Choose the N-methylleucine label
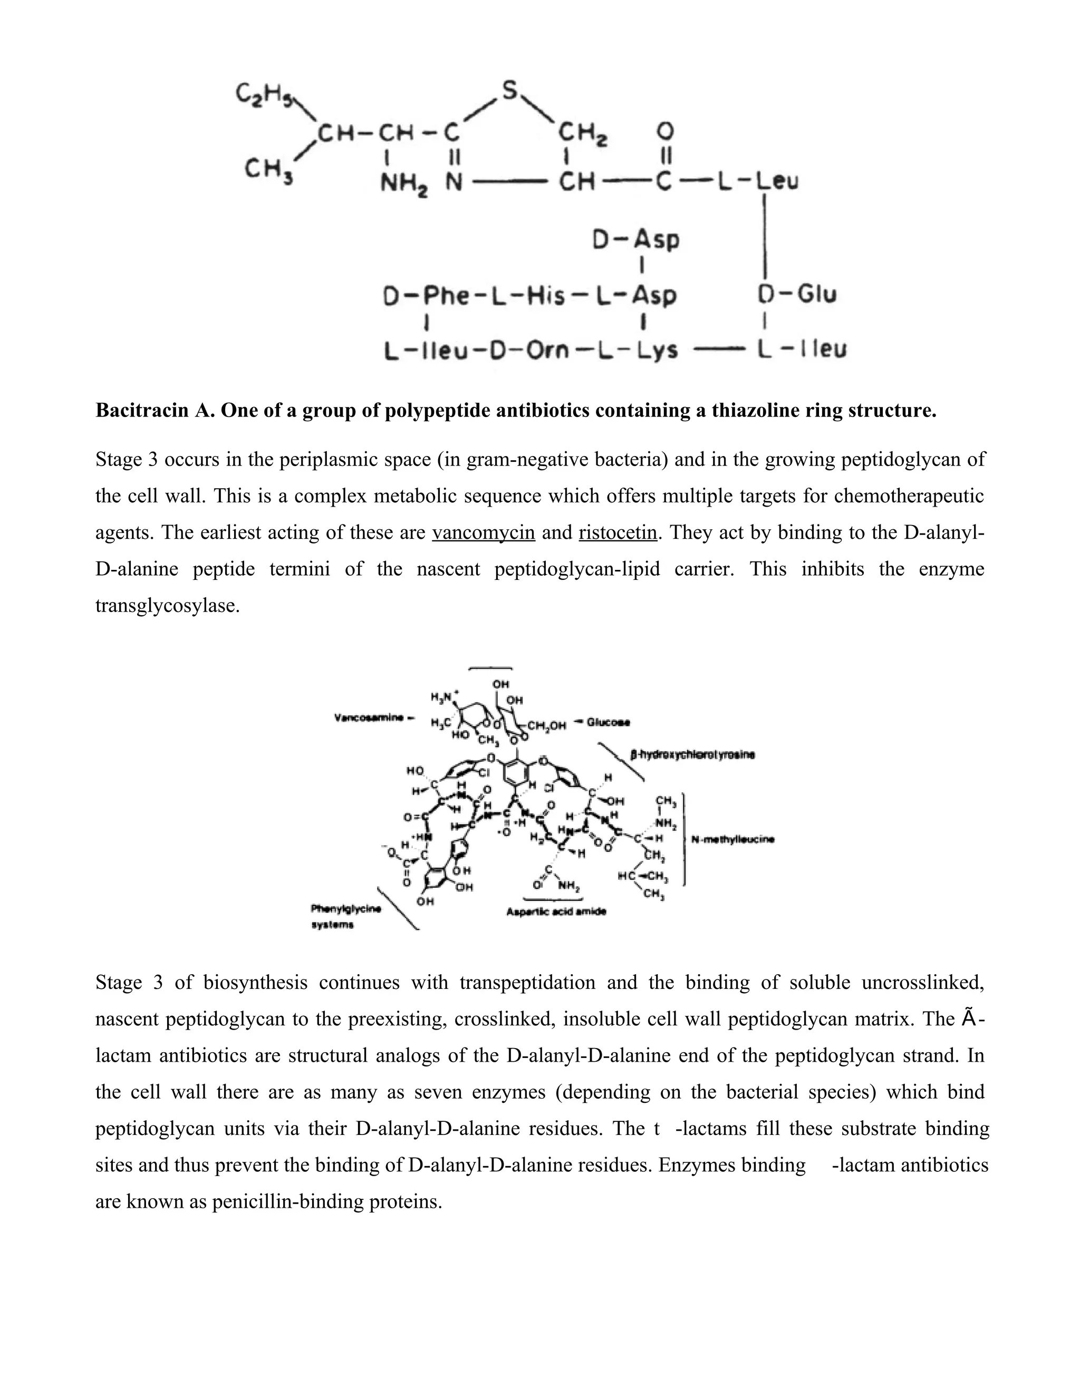733,840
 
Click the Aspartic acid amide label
556,912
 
